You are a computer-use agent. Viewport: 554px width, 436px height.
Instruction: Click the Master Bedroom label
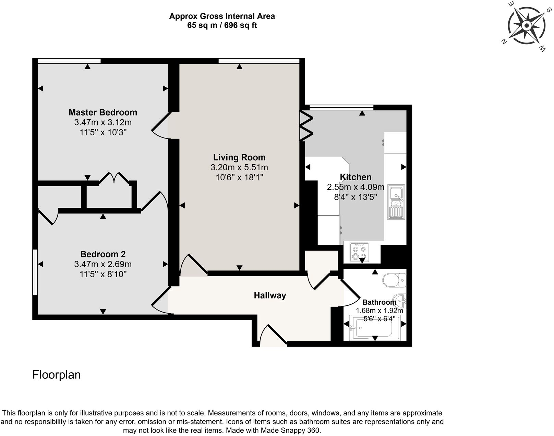pyautogui.click(x=103, y=112)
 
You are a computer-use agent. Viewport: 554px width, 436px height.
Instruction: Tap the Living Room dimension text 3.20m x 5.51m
pyautogui.click(x=239, y=168)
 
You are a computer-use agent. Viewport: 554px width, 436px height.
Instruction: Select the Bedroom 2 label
pyautogui.click(x=103, y=254)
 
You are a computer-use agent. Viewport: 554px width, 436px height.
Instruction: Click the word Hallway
pyautogui.click(x=270, y=295)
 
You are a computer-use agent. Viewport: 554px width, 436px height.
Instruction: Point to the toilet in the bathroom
pyautogui.click(x=394, y=280)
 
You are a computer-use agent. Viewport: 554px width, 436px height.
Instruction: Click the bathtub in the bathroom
pyautogui.click(x=375, y=328)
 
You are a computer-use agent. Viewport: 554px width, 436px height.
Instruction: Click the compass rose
pyautogui.click(x=526, y=26)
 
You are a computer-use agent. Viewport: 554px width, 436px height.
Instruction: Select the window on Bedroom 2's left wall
pyautogui.click(x=35, y=272)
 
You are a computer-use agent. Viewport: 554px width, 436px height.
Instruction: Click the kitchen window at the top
pyautogui.click(x=341, y=108)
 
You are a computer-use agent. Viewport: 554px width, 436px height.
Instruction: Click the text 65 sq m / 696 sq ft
pyautogui.click(x=222, y=25)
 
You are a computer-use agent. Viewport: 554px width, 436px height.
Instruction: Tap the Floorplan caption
pyautogui.click(x=57, y=375)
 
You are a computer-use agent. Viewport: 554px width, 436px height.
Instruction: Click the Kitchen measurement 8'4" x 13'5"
pyautogui.click(x=356, y=197)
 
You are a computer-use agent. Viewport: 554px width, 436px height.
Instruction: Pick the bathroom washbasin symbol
pyautogui.click(x=400, y=301)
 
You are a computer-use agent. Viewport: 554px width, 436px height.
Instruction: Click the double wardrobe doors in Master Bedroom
pyautogui.click(x=114, y=178)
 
